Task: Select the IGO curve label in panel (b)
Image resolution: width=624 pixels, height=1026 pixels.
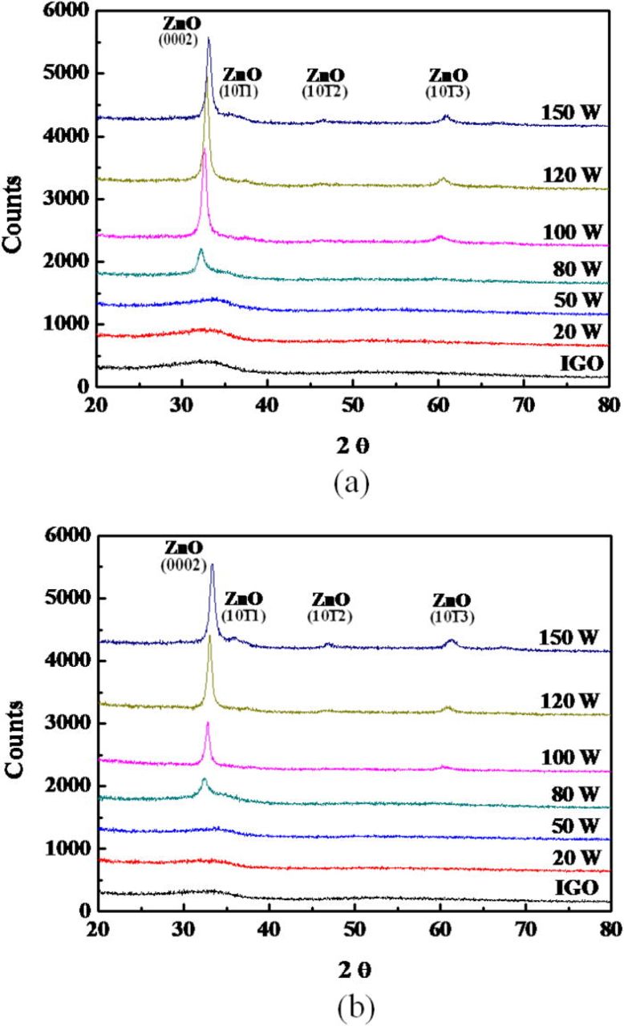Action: pos(582,887)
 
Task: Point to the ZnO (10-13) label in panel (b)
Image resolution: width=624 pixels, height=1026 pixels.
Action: pos(452,608)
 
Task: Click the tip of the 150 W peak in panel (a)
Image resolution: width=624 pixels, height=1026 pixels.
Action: pos(209,38)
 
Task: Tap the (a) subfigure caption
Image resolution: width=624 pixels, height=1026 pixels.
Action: pos(350,484)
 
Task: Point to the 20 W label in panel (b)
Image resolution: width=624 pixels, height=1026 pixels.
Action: pos(581,857)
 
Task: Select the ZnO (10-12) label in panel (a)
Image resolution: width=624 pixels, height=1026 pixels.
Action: pos(326,83)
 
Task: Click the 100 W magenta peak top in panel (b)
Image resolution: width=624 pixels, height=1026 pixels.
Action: pos(208,723)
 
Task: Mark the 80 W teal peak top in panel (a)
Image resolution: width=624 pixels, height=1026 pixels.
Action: pos(201,250)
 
